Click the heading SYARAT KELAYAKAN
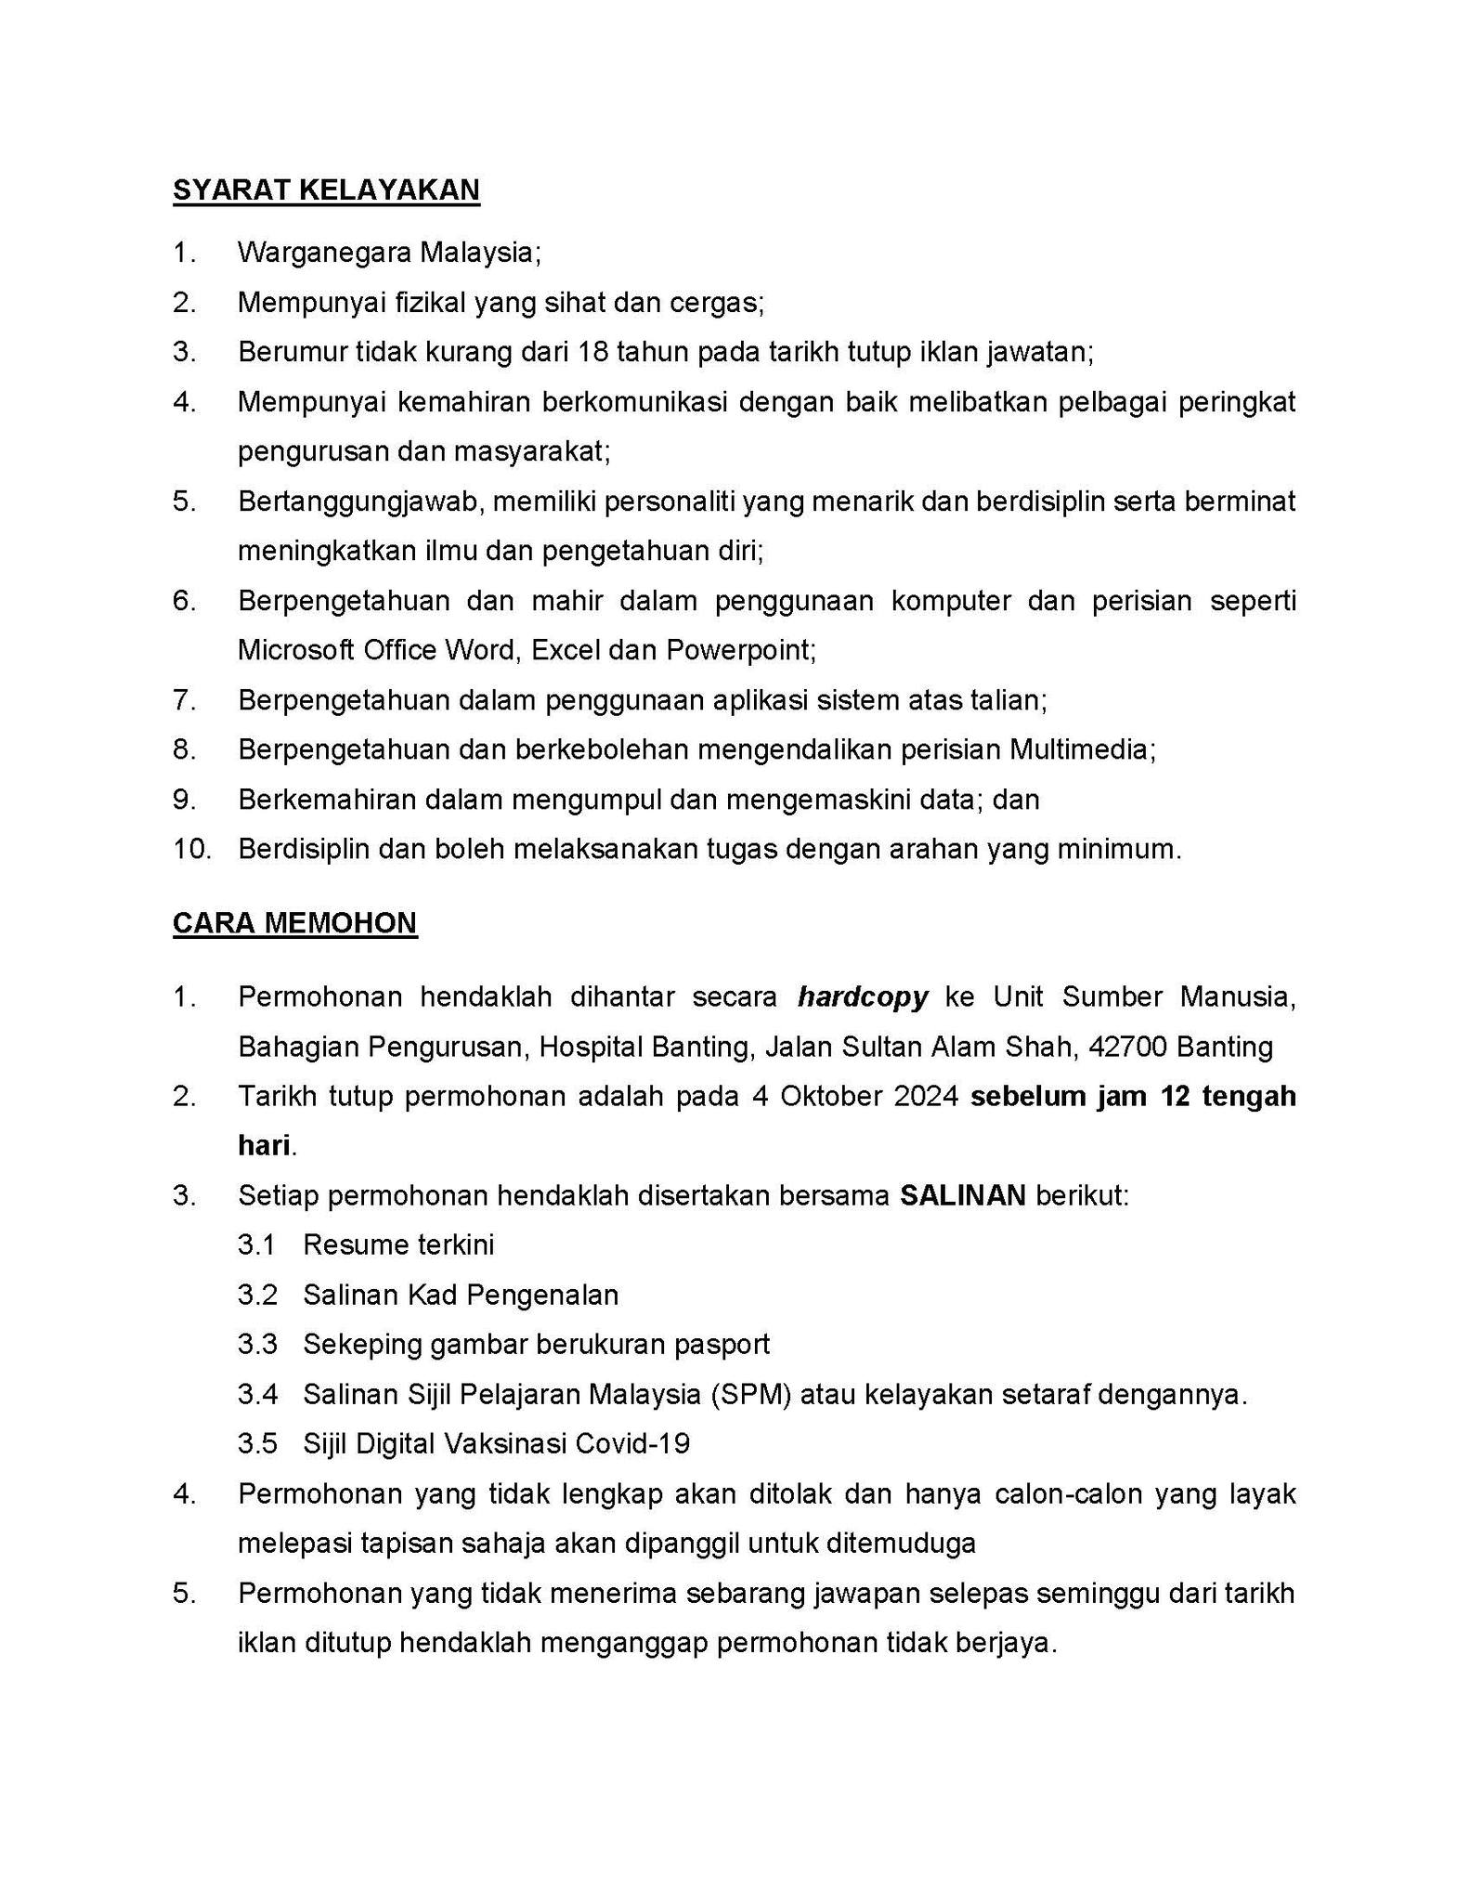point(326,189)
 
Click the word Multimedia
point(1081,749)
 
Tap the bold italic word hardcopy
point(863,997)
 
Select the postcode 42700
point(1128,1047)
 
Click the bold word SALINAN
point(963,1195)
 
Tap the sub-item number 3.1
point(257,1244)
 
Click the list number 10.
point(192,849)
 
